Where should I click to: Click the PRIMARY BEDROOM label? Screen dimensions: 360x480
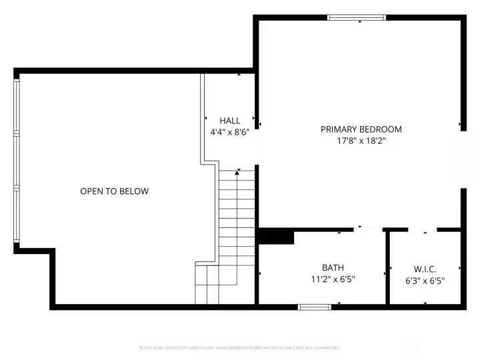361,129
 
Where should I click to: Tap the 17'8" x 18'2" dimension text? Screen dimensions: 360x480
361,141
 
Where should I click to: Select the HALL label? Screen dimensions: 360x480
230,121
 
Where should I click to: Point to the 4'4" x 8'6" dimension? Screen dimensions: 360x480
230,132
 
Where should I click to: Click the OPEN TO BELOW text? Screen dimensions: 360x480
114,191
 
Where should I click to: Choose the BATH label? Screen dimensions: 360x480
333,267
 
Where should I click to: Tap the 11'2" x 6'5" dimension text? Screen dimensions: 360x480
333,279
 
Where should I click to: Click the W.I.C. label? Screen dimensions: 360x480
425,269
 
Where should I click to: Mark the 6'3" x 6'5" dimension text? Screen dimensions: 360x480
425,281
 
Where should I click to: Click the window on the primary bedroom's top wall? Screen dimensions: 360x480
356,17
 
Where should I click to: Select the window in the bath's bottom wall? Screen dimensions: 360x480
314,307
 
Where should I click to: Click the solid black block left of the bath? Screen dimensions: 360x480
275,237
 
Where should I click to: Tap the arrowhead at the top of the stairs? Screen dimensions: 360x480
237,173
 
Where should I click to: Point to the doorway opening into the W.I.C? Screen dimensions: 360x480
423,231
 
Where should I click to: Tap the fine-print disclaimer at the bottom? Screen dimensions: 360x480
239,348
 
